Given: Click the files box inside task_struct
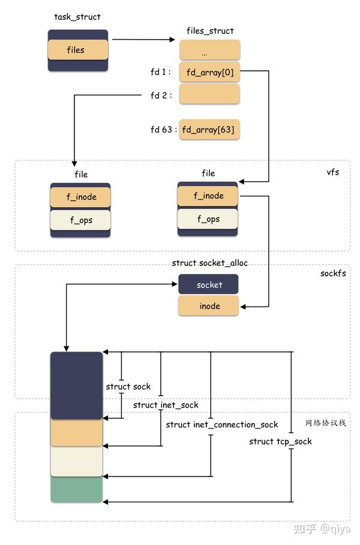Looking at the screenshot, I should pos(77,50).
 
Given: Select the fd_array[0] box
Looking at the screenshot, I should pos(209,73).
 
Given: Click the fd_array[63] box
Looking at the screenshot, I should pos(209,130).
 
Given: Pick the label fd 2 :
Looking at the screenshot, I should pos(161,95).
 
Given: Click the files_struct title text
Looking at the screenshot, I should pos(209,31).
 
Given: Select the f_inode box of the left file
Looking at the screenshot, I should pos(80,197).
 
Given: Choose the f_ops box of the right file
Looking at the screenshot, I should pos(208,219).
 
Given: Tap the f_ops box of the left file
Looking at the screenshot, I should pos(80,220).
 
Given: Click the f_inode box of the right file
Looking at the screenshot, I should pos(208,196).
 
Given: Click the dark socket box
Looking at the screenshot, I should pos(208,285).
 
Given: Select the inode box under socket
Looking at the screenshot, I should pos(208,306).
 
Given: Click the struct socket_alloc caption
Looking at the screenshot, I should pos(209,263).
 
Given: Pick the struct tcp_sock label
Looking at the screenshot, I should pos(280,442).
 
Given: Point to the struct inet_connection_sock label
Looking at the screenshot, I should pos(222,425).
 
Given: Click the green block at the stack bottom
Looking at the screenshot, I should pos(77,489).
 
